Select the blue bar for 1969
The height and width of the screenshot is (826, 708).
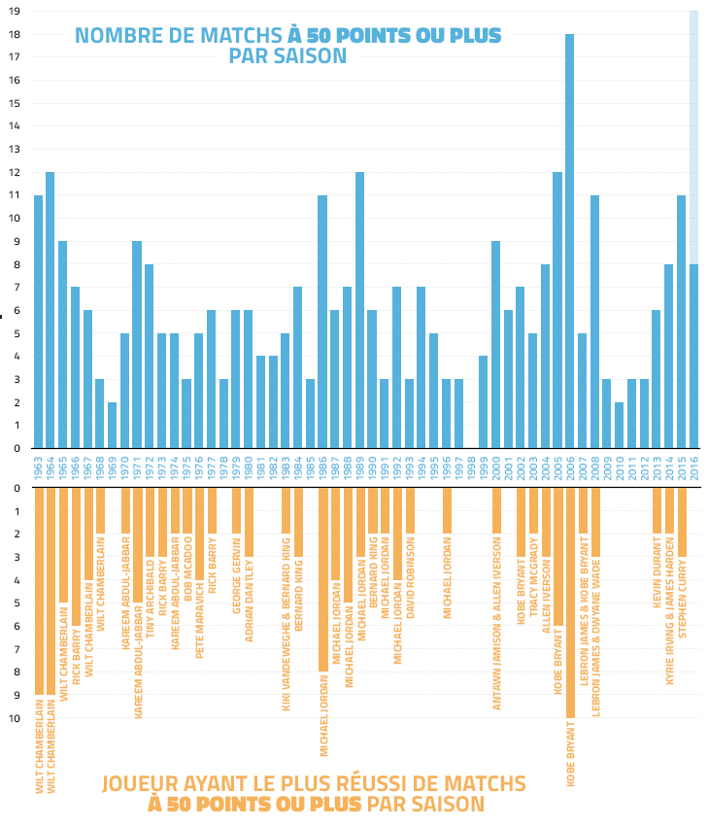(x=112, y=425)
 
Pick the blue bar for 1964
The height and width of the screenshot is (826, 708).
(x=50, y=310)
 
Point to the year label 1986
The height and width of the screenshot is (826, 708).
(x=321, y=467)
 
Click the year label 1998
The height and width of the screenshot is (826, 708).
(x=470, y=467)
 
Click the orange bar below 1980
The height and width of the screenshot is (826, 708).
(x=248, y=521)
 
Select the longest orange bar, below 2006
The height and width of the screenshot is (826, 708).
(x=570, y=602)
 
